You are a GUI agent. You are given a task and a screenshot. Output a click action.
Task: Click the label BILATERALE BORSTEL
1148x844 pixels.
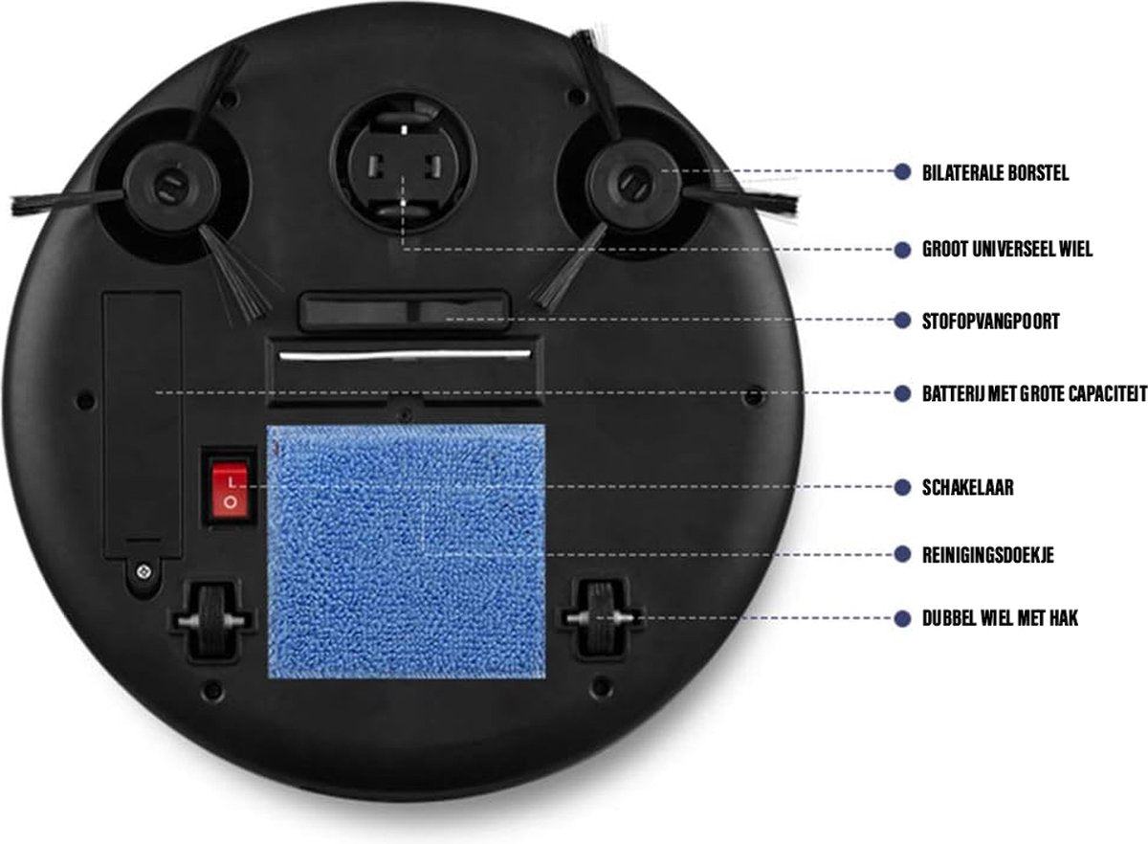click(995, 173)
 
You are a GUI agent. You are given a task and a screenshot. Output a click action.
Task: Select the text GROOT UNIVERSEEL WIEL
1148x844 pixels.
click(1007, 250)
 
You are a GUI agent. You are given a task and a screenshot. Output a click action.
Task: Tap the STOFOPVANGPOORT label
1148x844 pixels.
click(991, 322)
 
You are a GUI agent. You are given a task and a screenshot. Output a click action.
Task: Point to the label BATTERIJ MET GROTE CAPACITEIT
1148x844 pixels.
click(1035, 394)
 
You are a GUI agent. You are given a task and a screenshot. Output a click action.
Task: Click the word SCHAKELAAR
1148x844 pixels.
click(967, 487)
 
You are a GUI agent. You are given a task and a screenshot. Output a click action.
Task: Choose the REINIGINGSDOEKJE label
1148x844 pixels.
click(988, 555)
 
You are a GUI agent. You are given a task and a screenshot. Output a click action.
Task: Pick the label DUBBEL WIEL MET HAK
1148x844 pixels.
click(1000, 618)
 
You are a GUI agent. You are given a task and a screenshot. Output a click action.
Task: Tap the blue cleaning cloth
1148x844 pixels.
click(407, 550)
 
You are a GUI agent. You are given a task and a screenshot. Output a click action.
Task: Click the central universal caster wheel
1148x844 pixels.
click(404, 164)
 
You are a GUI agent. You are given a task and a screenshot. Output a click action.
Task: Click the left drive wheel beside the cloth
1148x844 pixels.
click(212, 620)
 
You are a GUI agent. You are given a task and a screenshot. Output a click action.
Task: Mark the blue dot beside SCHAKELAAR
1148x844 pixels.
click(902, 487)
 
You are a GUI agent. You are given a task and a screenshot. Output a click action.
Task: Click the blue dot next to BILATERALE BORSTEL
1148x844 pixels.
click(902, 172)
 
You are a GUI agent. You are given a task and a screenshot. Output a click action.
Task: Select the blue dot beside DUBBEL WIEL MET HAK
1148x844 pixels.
click(902, 618)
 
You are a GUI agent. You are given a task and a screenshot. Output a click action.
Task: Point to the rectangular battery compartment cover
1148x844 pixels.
click(143, 426)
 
